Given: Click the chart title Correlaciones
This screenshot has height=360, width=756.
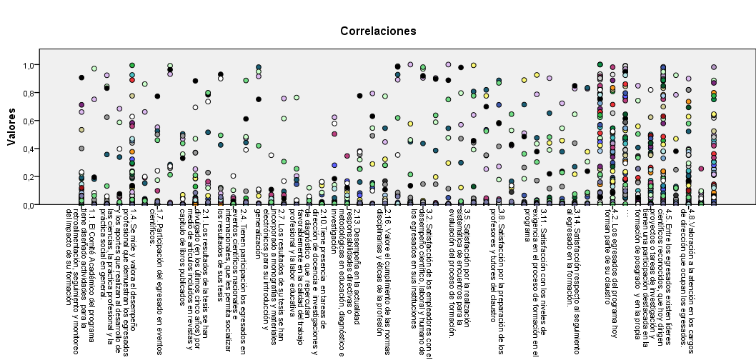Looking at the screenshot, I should coord(378,31).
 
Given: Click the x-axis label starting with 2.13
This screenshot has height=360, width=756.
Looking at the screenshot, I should coord(351,268).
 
